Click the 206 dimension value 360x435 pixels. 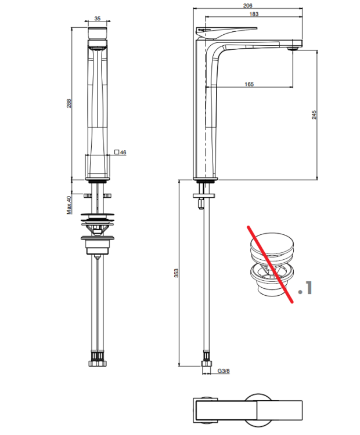[247, 6]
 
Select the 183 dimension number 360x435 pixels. [254, 14]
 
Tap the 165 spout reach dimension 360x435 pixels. [249, 84]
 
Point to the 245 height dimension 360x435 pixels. [314, 115]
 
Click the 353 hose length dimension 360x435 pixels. [177, 273]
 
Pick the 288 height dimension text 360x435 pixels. [69, 103]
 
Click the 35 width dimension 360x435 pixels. [97, 19]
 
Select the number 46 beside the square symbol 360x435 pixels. [123, 153]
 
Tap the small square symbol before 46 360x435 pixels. [117, 152]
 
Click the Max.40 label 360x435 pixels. [69, 205]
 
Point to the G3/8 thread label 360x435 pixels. [224, 371]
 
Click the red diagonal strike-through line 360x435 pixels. [270, 264]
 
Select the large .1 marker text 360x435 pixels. [305, 288]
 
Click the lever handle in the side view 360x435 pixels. [226, 32]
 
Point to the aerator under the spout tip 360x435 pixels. [293, 49]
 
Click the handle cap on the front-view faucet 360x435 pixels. [97, 33]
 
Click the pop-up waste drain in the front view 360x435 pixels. [98, 234]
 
